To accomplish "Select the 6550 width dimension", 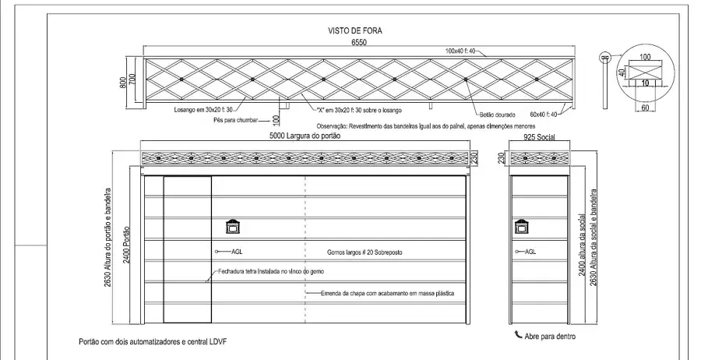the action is tap(359, 43).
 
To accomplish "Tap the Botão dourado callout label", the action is tap(498, 115).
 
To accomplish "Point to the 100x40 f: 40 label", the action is tap(460, 51).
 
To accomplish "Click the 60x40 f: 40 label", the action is tap(544, 115).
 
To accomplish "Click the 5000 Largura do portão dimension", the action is tap(305, 136).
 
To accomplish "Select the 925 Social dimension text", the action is tap(539, 137).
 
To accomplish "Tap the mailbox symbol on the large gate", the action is tap(233, 227).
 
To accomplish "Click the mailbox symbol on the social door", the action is tap(521, 227).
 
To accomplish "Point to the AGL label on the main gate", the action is tap(237, 252).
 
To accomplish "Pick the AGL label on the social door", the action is tap(530, 252).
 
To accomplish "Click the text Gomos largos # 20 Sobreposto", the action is tap(365, 252).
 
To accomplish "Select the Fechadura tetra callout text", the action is tap(271, 271).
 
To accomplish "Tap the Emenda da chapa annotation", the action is tap(387, 293).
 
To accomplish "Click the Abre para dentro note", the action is tap(550, 337).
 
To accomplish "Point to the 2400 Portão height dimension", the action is tap(126, 245).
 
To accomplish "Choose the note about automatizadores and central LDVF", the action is tap(153, 341).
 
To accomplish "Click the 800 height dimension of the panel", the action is tap(123, 83).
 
